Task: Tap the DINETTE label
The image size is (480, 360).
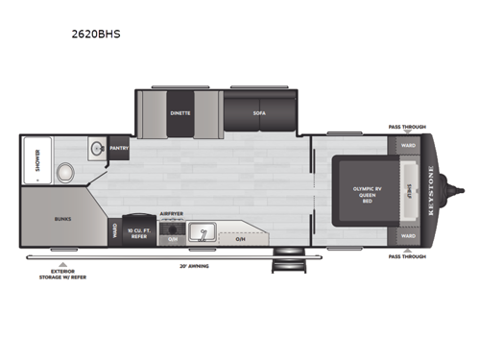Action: [x=180, y=112]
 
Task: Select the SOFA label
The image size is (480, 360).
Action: [x=259, y=112]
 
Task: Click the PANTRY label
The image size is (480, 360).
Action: [x=119, y=149]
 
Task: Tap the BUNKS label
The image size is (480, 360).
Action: [x=62, y=218]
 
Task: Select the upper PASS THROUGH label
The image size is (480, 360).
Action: [x=407, y=127]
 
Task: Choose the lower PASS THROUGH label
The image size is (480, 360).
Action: [x=407, y=257]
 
